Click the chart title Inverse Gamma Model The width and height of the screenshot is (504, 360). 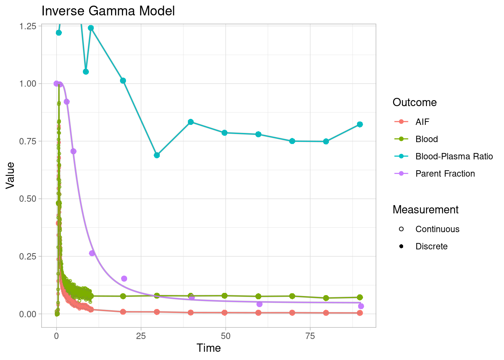click(108, 11)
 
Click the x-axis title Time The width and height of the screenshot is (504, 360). click(208, 348)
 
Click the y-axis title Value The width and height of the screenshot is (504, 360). click(10, 175)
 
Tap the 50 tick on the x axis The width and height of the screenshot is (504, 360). click(225, 336)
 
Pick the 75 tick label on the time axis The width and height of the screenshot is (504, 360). click(310, 336)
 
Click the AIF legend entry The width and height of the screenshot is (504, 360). click(422, 122)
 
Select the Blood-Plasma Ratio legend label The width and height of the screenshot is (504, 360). click(454, 156)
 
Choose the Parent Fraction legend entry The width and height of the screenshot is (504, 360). click(445, 174)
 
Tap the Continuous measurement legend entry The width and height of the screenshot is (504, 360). click(437, 229)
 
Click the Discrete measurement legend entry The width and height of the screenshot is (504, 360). click(431, 246)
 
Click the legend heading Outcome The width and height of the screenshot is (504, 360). click(414, 102)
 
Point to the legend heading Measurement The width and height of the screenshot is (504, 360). click(425, 210)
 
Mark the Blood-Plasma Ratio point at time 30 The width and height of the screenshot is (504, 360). click(157, 155)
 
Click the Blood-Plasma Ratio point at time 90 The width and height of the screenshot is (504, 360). click(360, 124)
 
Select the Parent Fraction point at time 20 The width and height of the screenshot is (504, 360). click(124, 279)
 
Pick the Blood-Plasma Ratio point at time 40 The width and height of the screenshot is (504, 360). click(190, 122)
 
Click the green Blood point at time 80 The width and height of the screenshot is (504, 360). click(326, 298)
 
